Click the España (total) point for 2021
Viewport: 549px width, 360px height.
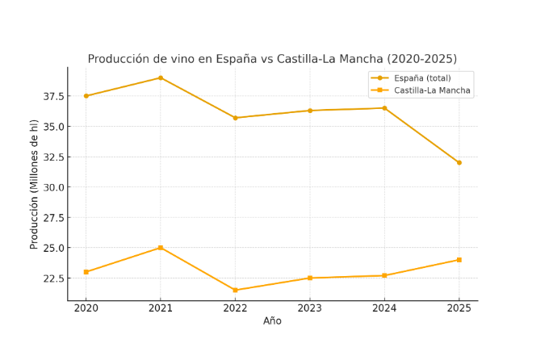161,78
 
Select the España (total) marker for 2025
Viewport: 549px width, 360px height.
459,163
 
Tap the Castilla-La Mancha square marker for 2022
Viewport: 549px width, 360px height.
235,291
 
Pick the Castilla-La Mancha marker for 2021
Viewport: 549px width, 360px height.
161,248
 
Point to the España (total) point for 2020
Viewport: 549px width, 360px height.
86,96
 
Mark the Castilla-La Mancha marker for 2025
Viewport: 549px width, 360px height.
459,260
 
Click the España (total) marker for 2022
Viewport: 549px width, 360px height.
235,118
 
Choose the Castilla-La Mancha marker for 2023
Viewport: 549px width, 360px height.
310,278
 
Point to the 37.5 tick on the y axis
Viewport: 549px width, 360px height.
52,97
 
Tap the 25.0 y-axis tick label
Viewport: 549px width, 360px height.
52,249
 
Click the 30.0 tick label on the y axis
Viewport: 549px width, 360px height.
52,187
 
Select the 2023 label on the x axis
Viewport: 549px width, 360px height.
310,308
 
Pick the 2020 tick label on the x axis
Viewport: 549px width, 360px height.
86,308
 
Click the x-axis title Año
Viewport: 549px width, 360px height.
273,321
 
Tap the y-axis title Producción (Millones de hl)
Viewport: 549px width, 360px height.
35,184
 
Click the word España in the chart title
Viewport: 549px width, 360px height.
238,59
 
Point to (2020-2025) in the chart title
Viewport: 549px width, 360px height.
422,59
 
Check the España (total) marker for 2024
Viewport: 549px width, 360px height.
384,108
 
